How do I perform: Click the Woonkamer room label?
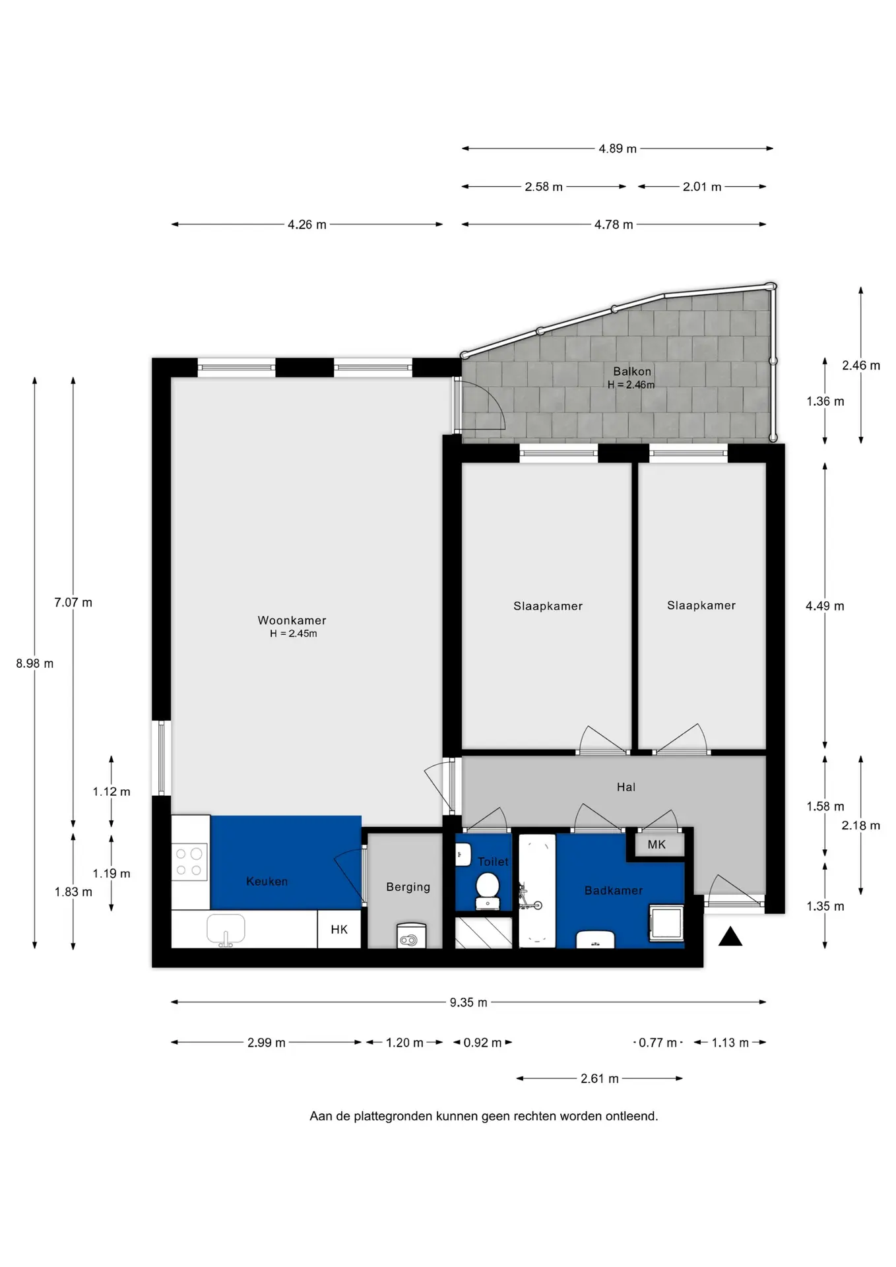(292, 620)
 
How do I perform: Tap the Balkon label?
(632, 372)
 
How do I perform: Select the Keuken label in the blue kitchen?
(267, 882)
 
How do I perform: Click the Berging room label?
(408, 888)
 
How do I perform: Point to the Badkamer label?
(614, 891)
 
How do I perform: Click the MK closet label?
(656, 845)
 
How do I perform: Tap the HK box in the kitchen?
(339, 929)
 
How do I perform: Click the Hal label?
(626, 787)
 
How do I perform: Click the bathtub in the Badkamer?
(537, 891)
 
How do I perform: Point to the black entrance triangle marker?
(730, 936)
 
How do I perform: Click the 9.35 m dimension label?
(468, 1002)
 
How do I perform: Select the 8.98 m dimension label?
(35, 663)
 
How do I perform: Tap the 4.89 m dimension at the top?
(618, 148)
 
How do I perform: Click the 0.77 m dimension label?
(658, 1043)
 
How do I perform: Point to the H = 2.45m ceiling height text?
(293, 633)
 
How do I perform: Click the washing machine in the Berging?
(411, 936)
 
